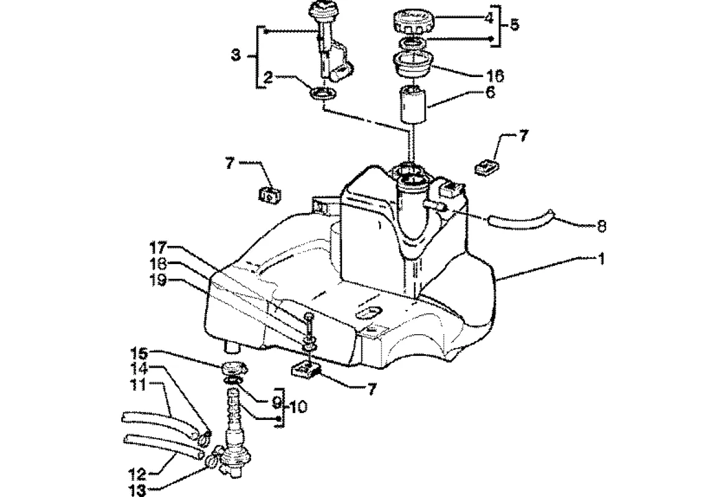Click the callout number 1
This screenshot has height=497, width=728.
click(x=601, y=259)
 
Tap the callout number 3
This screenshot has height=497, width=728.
click(x=236, y=56)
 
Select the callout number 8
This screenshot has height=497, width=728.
click(x=601, y=226)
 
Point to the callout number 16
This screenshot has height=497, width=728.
click(x=495, y=76)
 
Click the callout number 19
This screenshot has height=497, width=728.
click(x=157, y=281)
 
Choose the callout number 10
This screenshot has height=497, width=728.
click(x=298, y=407)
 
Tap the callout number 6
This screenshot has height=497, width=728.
click(x=491, y=92)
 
